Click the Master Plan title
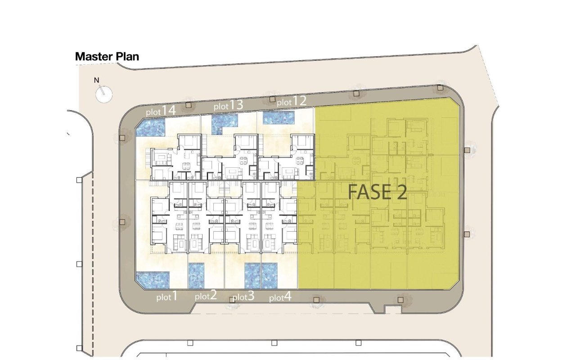point(107,57)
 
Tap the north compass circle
point(104,94)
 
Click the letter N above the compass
point(96,80)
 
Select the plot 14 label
point(161,111)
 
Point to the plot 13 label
point(228,105)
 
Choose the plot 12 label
point(292,101)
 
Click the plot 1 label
point(167,296)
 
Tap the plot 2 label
point(206,295)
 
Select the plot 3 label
point(243,296)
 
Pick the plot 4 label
point(280,297)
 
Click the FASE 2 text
point(377,192)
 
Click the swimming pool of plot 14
point(150,127)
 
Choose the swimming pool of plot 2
point(197,276)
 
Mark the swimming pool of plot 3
point(252,276)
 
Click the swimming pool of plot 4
point(270,276)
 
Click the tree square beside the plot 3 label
point(232,300)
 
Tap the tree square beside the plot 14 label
point(189,105)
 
